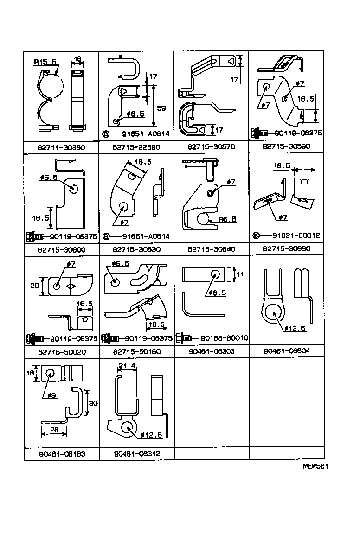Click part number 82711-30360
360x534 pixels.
(x=61, y=147)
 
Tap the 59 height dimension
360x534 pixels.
(x=161, y=108)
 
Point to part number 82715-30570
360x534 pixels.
(x=212, y=147)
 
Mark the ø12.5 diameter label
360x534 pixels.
(x=295, y=328)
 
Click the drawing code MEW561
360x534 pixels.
(x=316, y=467)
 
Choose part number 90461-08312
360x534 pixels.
(x=136, y=454)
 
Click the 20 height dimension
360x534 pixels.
(x=35, y=286)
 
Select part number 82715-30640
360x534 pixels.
(x=212, y=249)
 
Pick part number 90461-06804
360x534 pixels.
(x=287, y=352)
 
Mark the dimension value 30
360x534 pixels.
(x=93, y=404)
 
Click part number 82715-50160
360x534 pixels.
(x=136, y=352)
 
